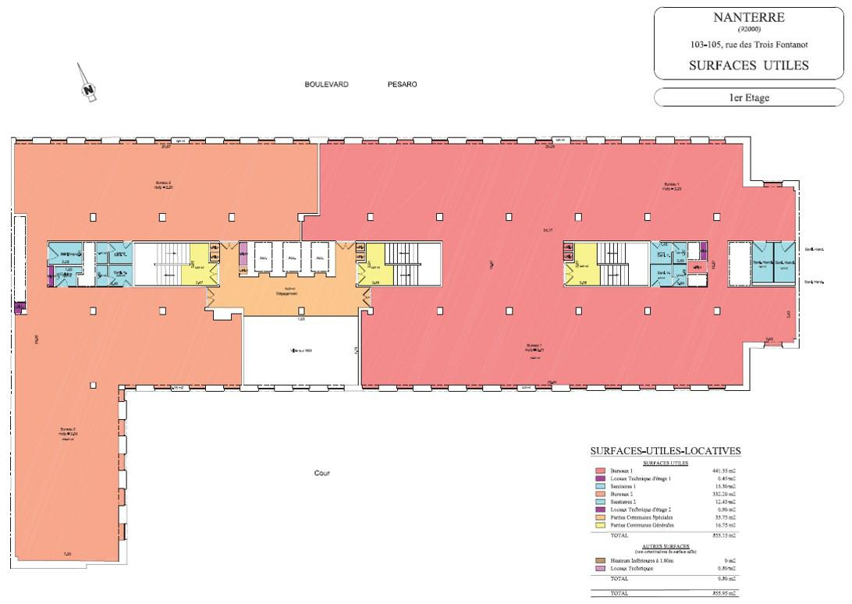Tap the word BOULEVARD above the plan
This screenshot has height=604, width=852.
pos(326,84)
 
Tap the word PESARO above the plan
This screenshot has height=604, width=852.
pos(402,84)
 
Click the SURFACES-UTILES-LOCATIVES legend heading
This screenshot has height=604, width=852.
pos(666,451)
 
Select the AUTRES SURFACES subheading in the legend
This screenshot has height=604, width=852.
pos(665,547)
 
